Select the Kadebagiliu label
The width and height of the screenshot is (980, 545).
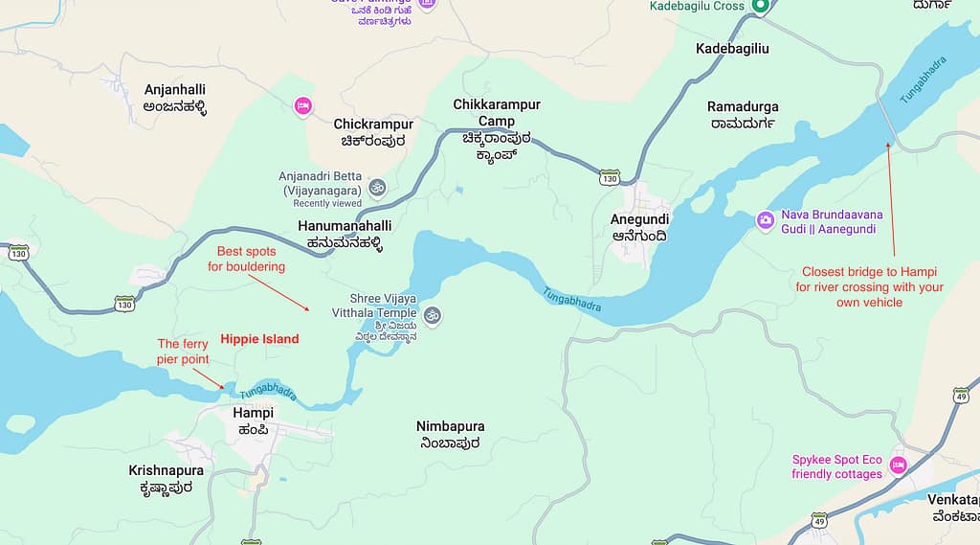(x=732, y=48)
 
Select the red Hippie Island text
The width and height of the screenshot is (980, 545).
(x=259, y=339)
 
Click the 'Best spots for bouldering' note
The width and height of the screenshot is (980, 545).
(x=246, y=259)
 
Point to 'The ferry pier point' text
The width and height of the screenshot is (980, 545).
(x=182, y=352)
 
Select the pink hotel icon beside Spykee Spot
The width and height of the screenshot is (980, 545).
(x=898, y=466)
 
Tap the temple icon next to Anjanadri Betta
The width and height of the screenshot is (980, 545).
(x=377, y=186)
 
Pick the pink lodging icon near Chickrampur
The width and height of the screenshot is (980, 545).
(x=303, y=106)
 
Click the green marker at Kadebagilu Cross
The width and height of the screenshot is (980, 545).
(x=760, y=7)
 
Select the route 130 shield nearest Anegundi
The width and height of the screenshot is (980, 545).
(x=610, y=178)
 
